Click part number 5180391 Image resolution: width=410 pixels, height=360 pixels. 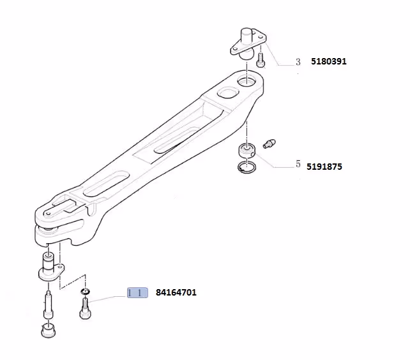[329, 61]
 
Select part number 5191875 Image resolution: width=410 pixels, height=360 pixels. [324, 167]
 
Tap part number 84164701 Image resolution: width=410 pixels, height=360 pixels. [176, 292]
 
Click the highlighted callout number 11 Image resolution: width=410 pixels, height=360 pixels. [137, 292]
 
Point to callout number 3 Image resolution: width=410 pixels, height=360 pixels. [298, 62]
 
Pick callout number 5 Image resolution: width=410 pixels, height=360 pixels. [298, 164]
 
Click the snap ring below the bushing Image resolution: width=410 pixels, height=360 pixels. [247, 167]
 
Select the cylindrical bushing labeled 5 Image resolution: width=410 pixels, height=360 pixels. [247, 151]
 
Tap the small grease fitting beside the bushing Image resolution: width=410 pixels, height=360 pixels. [269, 144]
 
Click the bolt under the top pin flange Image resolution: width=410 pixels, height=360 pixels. [261, 60]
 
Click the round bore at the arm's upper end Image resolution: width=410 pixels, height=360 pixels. [247, 80]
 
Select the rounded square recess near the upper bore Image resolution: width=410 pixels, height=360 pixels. [228, 93]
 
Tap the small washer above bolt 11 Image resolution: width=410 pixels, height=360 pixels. [85, 291]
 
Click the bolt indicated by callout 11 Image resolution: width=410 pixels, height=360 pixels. [85, 309]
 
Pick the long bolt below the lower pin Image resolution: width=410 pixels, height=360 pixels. [49, 304]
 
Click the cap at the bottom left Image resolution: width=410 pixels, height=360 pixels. [49, 330]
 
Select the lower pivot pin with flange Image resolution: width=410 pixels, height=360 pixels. [50, 268]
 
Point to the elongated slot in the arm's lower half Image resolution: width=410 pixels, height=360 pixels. [107, 184]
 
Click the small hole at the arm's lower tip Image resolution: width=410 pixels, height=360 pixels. [48, 214]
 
